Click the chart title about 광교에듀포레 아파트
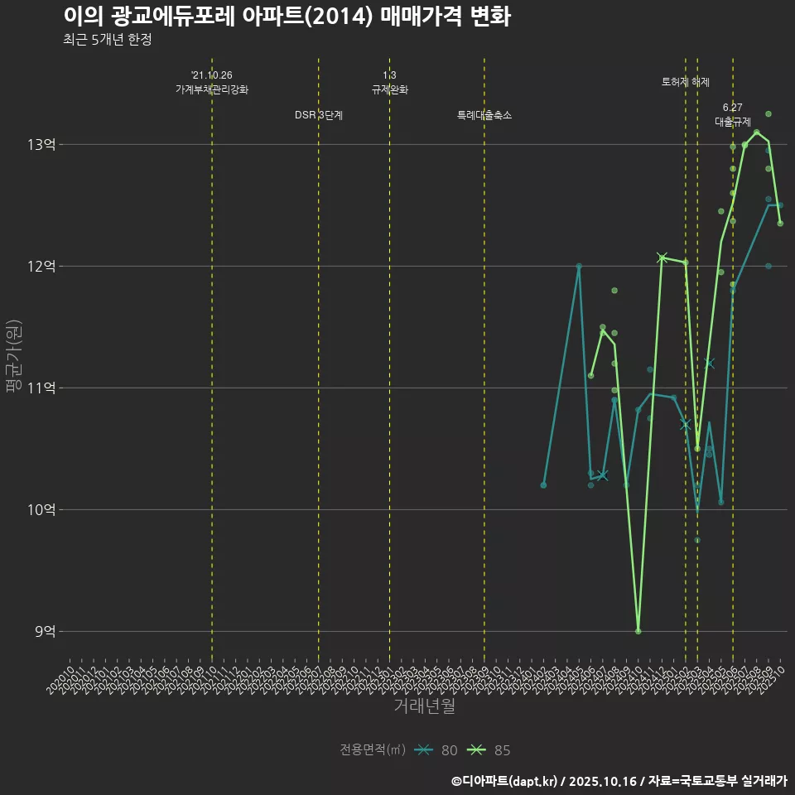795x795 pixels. tap(287, 17)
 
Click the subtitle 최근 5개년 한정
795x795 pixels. tap(107, 40)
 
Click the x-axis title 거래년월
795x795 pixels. tap(424, 706)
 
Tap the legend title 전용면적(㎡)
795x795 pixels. tap(373, 750)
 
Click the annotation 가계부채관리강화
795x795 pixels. tap(212, 89)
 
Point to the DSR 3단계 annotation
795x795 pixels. tap(319, 115)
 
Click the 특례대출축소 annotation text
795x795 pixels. tap(484, 115)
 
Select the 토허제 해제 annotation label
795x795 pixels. tap(686, 82)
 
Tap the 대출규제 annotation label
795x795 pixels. tap(733, 122)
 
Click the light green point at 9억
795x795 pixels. tap(638, 631)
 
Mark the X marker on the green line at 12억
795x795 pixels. tap(662, 258)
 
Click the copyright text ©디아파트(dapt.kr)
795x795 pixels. tap(506, 781)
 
